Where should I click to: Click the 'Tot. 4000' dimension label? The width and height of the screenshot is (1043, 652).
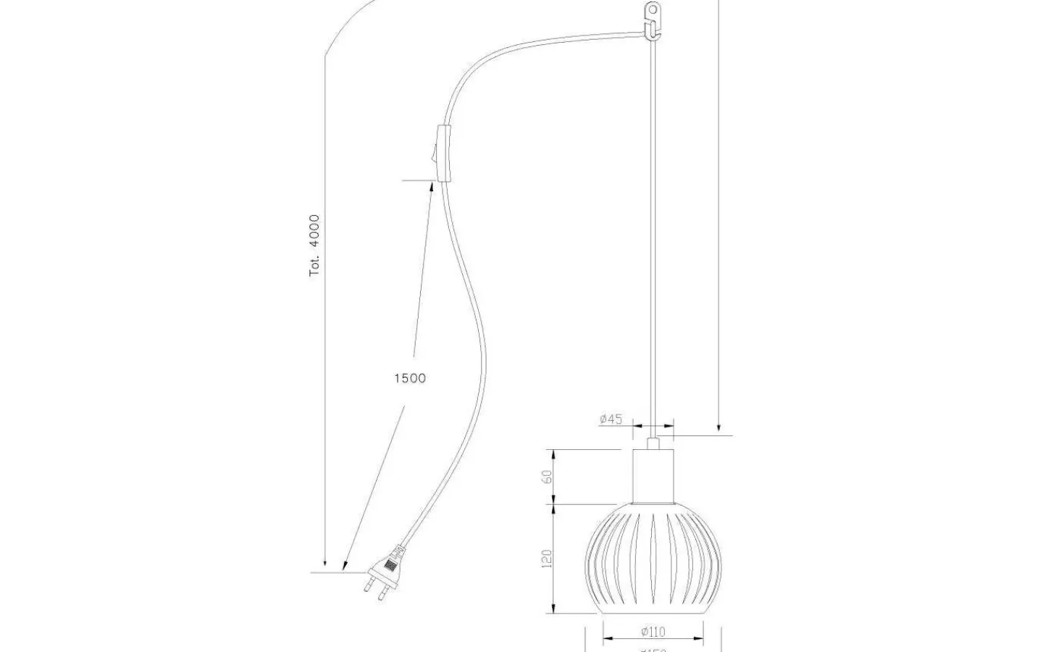pyautogui.click(x=314, y=246)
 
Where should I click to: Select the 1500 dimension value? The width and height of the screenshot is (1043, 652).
pyautogui.click(x=410, y=378)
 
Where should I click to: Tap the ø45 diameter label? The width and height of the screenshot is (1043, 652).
pyautogui.click(x=611, y=419)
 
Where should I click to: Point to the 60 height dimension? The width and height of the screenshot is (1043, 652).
pyautogui.click(x=548, y=477)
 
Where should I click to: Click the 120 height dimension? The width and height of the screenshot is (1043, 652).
pyautogui.click(x=548, y=558)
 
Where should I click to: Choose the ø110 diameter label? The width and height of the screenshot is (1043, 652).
pyautogui.click(x=653, y=631)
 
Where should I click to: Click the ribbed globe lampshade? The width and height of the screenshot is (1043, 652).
pyautogui.click(x=653, y=558)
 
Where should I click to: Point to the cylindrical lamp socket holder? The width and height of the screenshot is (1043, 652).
pyautogui.click(x=653, y=476)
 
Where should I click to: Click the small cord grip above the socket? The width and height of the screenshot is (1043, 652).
pyautogui.click(x=653, y=443)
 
